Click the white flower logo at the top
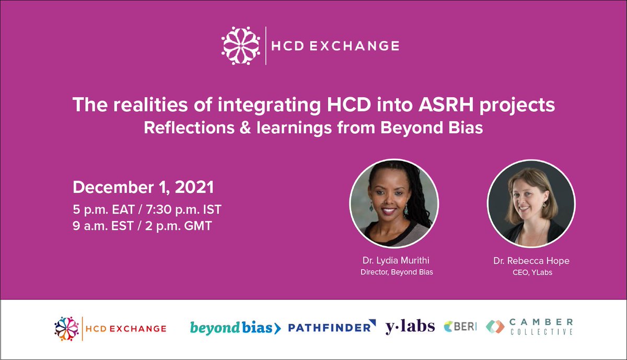point(241,45)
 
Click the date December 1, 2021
point(144,187)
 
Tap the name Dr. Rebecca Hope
point(531,260)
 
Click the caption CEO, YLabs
point(531,272)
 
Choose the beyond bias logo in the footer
point(236,328)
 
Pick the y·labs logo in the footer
point(410,327)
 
